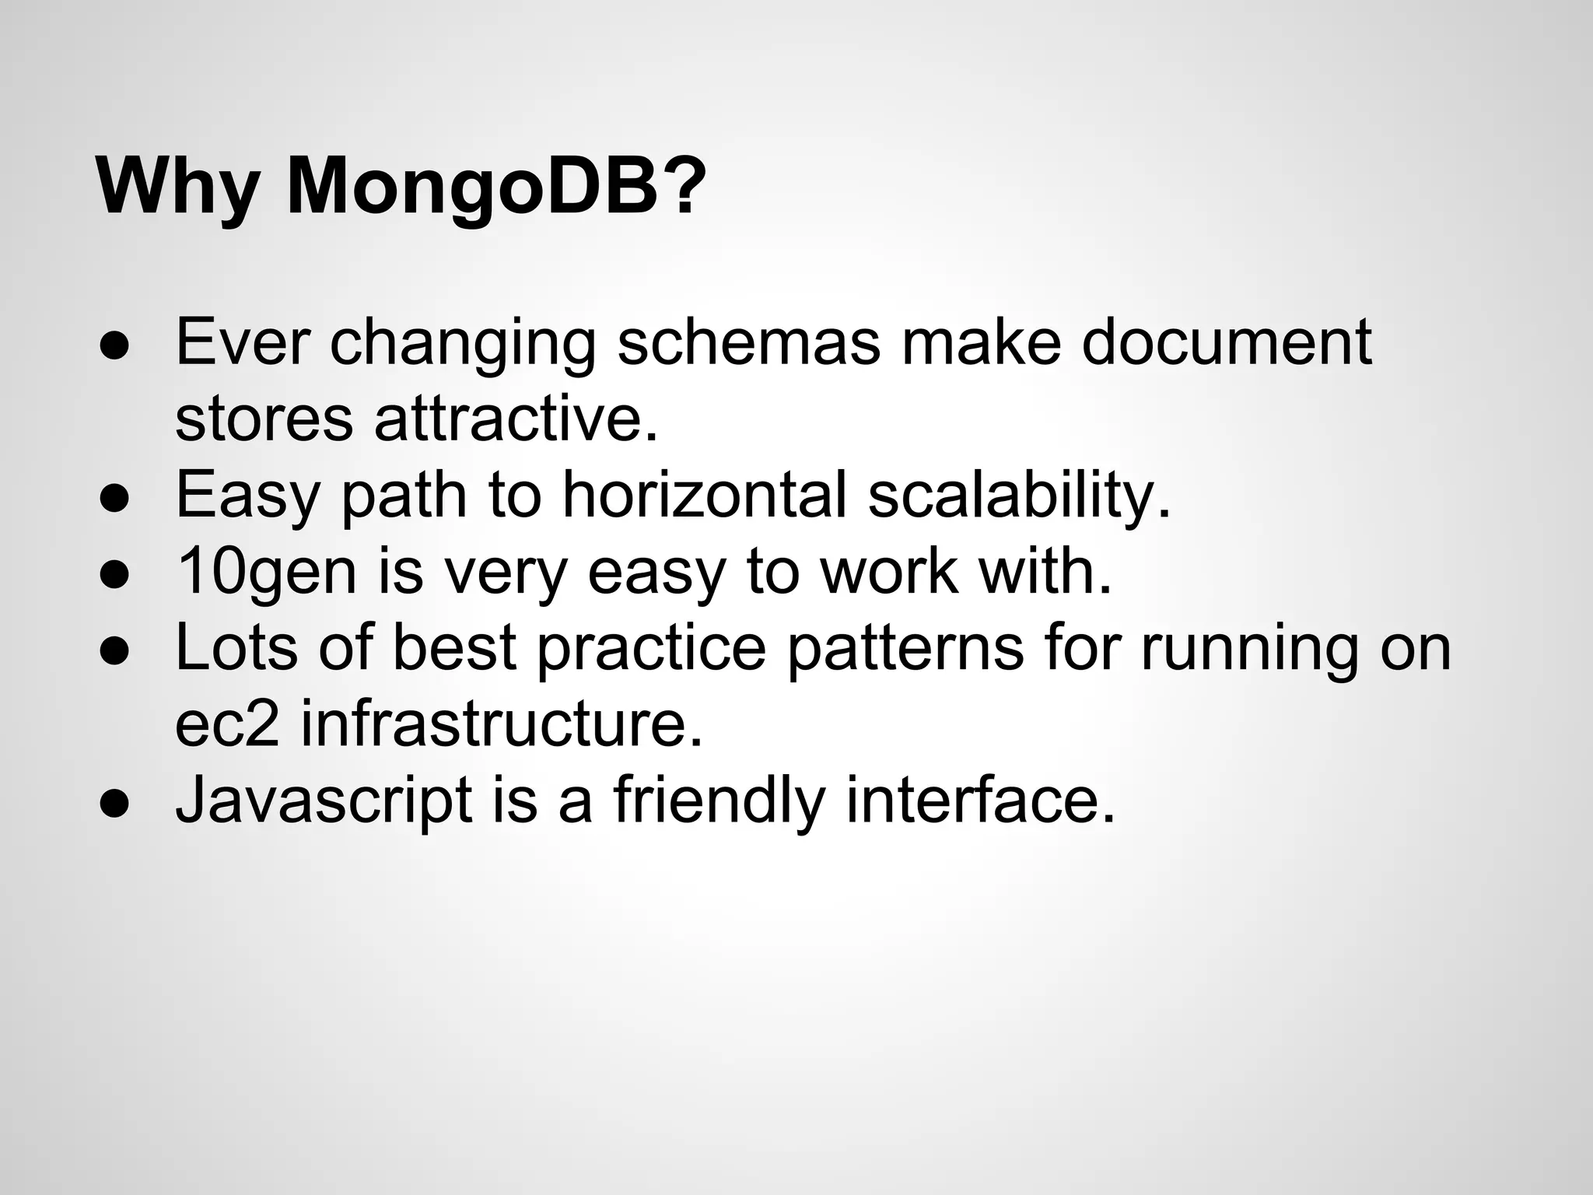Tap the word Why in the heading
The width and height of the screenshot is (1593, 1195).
pyautogui.click(x=177, y=187)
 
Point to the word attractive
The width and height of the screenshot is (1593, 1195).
pyautogui.click(x=516, y=419)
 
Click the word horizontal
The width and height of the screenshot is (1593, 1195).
pyautogui.click(x=704, y=495)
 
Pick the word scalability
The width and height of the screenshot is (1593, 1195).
pyautogui.click(x=1019, y=495)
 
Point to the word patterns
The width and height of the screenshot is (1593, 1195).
pyautogui.click(x=905, y=647)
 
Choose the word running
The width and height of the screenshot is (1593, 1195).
pyautogui.click(x=1250, y=647)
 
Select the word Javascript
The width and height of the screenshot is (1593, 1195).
pyautogui.click(x=324, y=800)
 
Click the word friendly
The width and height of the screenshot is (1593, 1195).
pyautogui.click(x=719, y=800)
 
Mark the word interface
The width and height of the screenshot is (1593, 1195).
pyautogui.click(x=980, y=800)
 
